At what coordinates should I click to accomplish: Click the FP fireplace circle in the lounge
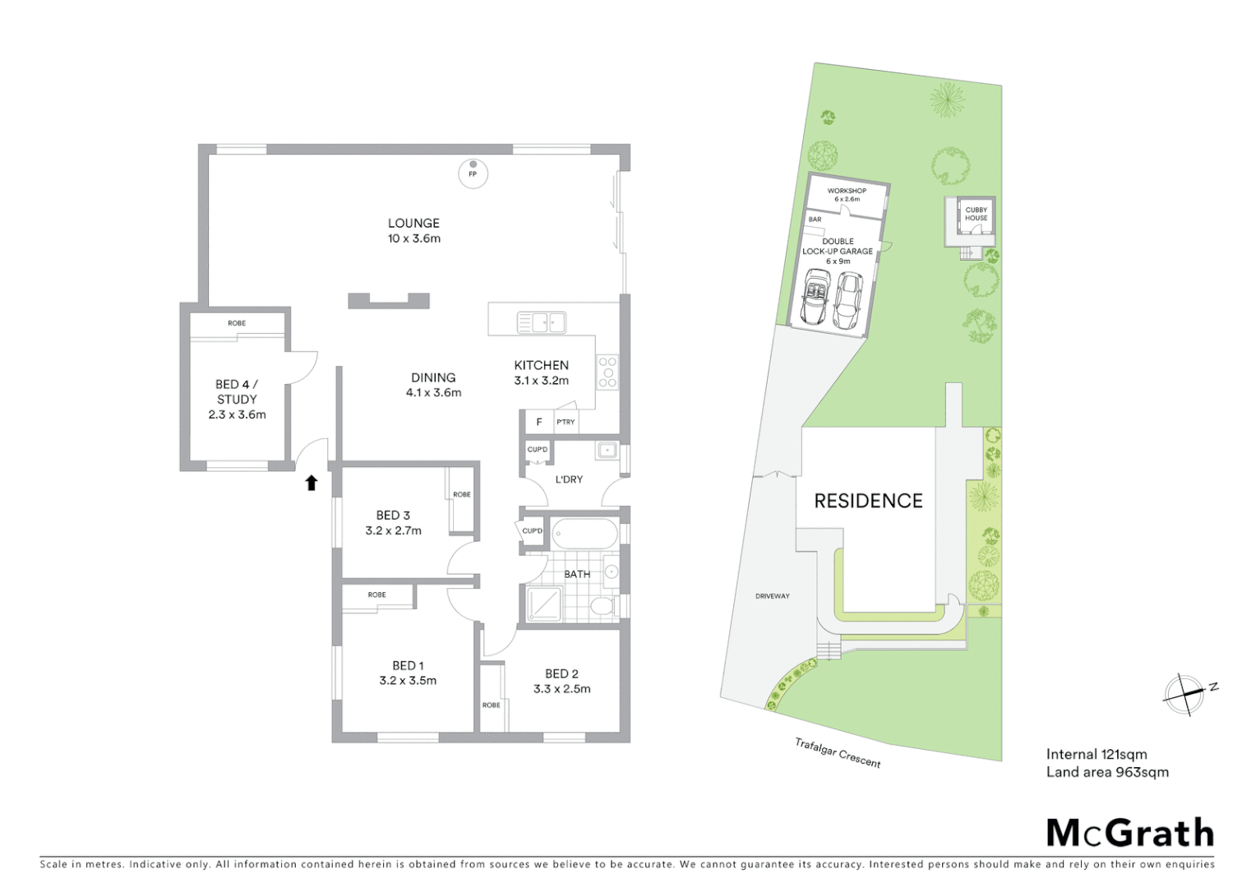coord(473,173)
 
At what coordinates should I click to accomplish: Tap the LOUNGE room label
coord(413,223)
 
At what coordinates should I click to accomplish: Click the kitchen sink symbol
coord(541,322)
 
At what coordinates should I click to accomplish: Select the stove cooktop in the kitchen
coord(607,372)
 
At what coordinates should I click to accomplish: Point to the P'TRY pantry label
coord(566,422)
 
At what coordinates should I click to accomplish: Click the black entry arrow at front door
coord(312,483)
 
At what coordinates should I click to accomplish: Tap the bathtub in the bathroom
coord(584,534)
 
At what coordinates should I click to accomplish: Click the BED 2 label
coord(561,673)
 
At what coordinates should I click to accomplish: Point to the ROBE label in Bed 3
coord(462,494)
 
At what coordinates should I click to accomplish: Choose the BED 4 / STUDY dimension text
coord(237,414)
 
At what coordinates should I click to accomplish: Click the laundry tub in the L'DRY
coord(607,450)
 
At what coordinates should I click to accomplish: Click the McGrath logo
coord(1129,833)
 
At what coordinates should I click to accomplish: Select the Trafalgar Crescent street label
coord(837,752)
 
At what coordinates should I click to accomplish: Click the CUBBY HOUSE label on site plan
coord(976,214)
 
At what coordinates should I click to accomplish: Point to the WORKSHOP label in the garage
coord(847,191)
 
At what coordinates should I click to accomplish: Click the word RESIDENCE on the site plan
coord(868,501)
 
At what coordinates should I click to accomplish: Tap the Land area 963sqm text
coord(1106,772)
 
